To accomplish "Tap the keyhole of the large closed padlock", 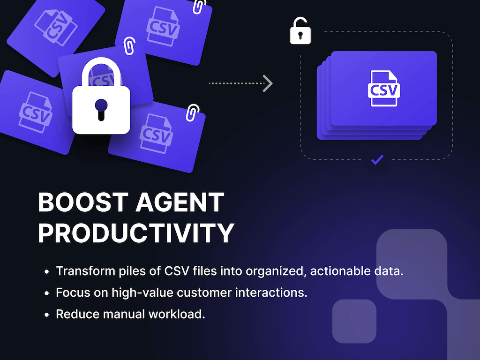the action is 101,110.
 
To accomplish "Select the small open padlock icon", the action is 300,31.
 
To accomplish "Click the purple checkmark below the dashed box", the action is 377,160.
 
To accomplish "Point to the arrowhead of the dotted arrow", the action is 268,83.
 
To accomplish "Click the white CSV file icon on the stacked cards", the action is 384,89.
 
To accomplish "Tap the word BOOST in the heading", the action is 83,202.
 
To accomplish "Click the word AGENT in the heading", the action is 180,202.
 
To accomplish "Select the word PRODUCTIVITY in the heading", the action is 136,233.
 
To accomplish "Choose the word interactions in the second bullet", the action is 271,292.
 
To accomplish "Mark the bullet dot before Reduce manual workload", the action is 46,315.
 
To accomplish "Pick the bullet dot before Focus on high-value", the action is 46,293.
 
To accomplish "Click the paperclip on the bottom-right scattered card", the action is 193,112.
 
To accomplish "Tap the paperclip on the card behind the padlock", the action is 129,46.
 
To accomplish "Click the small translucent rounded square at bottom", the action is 354,322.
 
